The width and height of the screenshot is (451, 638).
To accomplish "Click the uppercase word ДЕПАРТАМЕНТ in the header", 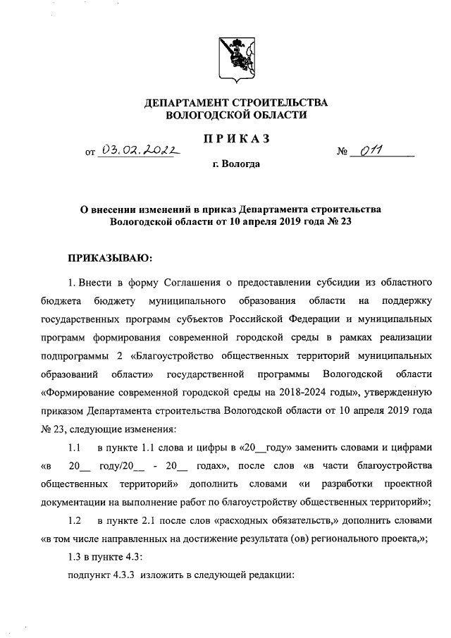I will point(186,103).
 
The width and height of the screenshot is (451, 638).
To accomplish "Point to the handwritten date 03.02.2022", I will point(140,149).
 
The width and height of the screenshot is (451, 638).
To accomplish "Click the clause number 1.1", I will point(75,448).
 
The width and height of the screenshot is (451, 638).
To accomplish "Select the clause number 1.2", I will point(75,521).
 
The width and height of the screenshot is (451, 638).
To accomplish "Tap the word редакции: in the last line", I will point(270,576).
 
